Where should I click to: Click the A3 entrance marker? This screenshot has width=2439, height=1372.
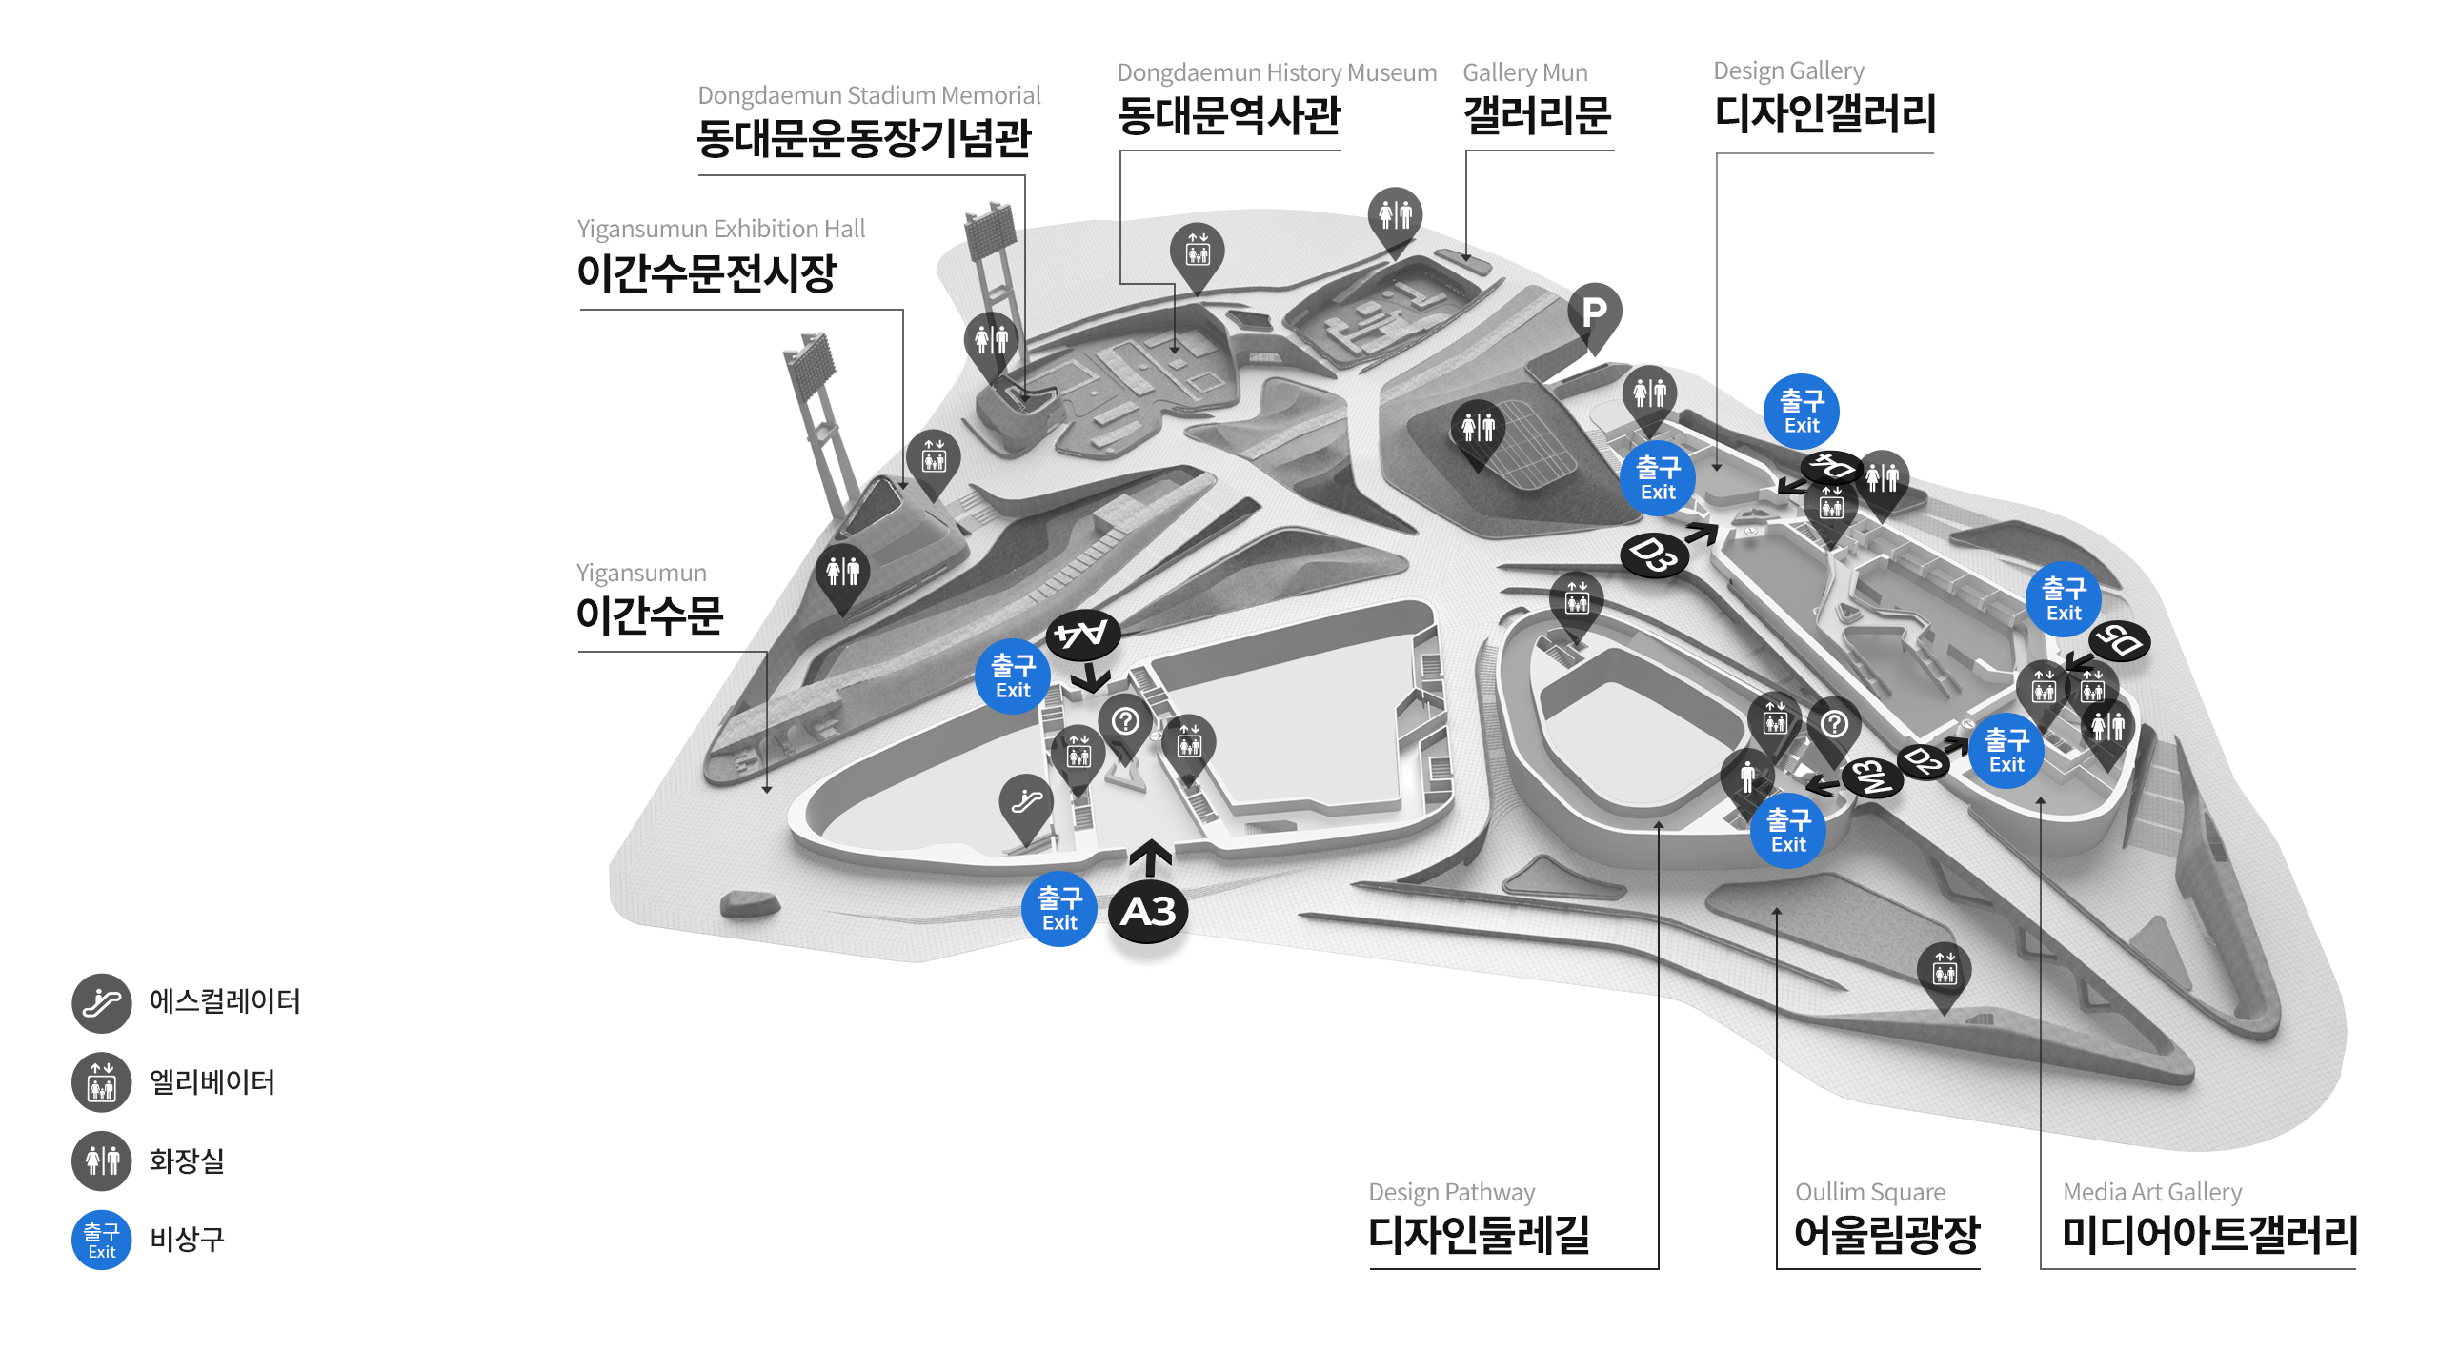point(1148,912)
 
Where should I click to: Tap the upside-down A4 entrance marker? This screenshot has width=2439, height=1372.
point(1083,634)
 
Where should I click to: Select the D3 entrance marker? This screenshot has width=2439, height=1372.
point(1655,555)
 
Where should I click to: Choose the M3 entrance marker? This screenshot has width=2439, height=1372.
point(1872,777)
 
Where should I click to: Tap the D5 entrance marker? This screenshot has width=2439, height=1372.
point(2120,640)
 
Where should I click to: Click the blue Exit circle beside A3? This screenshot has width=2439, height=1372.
point(1059,909)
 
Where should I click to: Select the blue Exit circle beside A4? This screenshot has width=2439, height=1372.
point(1013,676)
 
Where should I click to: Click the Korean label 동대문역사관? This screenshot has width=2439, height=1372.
point(1229,115)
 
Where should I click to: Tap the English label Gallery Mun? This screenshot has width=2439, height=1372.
point(1524,72)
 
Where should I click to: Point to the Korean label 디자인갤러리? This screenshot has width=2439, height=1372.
point(1824,113)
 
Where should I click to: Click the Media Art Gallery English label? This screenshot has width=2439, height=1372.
point(2152,1192)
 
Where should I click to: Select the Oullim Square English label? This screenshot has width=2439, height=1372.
point(1870,1192)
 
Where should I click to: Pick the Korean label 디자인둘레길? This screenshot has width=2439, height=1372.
point(1479,1235)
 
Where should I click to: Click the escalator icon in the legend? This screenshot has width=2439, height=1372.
point(102,1003)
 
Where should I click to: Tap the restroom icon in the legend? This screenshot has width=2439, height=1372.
point(102,1161)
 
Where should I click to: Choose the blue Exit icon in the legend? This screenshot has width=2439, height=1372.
point(102,1241)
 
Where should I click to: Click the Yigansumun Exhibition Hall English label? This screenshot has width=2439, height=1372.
point(721,229)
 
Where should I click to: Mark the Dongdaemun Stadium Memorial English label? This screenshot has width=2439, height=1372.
point(869,95)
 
